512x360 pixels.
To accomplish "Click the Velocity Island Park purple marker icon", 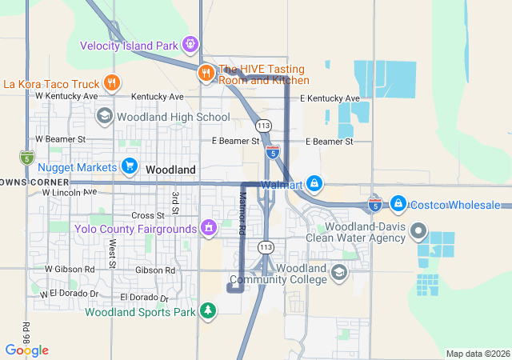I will point(190,45).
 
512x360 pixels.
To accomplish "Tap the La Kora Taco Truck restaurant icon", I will point(112,82).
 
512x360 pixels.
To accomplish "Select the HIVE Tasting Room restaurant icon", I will point(206,73).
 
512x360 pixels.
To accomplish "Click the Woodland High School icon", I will point(104,117).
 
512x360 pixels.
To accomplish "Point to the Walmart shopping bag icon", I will point(315,185).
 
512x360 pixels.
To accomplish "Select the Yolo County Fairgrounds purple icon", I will point(208,229).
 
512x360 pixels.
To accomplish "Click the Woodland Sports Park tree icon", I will point(208,310).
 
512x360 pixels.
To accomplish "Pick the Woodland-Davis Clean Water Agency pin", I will point(418,231).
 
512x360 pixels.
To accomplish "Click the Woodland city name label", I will point(170,170).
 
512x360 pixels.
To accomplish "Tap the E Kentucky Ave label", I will point(330,98).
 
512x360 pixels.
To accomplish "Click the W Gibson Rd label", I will point(70,270).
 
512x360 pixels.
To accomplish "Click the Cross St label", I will point(148,215).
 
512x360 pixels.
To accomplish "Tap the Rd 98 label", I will point(26,331).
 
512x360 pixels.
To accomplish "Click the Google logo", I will point(26,350).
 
